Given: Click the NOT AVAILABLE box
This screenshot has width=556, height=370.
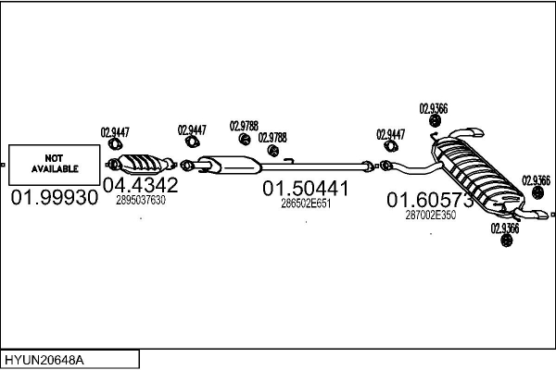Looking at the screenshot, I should pyautogui.click(x=56, y=165).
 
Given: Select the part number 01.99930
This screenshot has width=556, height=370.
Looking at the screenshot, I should pyautogui.click(x=55, y=198).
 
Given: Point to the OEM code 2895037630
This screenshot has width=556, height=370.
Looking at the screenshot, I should pyautogui.click(x=141, y=200).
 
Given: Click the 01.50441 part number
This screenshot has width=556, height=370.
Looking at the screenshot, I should pyautogui.click(x=306, y=189).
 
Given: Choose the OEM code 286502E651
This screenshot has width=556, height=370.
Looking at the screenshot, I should pyautogui.click(x=306, y=203).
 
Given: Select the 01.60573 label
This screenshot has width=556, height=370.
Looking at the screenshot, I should pyautogui.click(x=430, y=199).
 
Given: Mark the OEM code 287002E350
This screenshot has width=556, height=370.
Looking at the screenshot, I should pyautogui.click(x=431, y=215).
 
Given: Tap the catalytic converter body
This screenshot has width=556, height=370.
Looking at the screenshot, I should pyautogui.click(x=142, y=163).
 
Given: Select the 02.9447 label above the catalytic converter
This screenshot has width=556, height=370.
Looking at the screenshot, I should pyautogui.click(x=114, y=131).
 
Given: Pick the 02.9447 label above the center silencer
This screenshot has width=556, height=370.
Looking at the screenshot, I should pyautogui.click(x=192, y=130).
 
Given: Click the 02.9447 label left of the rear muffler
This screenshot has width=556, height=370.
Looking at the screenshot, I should pyautogui.click(x=390, y=134).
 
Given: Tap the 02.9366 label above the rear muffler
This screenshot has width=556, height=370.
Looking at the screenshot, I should pyautogui.click(x=434, y=108).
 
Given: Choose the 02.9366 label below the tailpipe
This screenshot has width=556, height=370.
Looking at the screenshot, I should pyautogui.click(x=506, y=228).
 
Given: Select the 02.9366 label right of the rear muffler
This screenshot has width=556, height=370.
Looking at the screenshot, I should pyautogui.click(x=537, y=179).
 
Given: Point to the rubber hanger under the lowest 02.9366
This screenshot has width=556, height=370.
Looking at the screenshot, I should pyautogui.click(x=507, y=242).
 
